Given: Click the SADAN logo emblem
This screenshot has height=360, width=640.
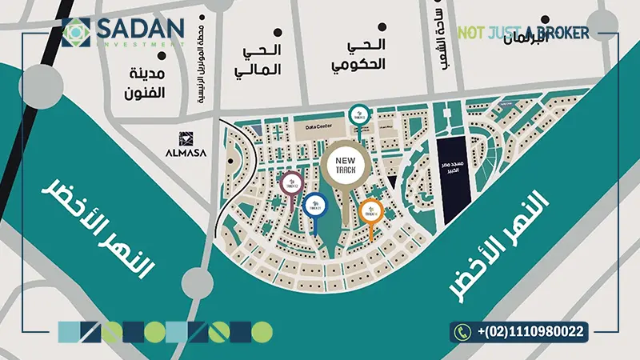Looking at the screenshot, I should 77,33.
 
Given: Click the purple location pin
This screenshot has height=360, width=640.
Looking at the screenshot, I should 292,184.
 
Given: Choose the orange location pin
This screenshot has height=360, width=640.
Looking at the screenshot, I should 371,211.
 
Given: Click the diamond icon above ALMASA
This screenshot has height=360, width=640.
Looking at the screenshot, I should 184,138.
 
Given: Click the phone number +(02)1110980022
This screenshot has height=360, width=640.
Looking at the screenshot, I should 530,330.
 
